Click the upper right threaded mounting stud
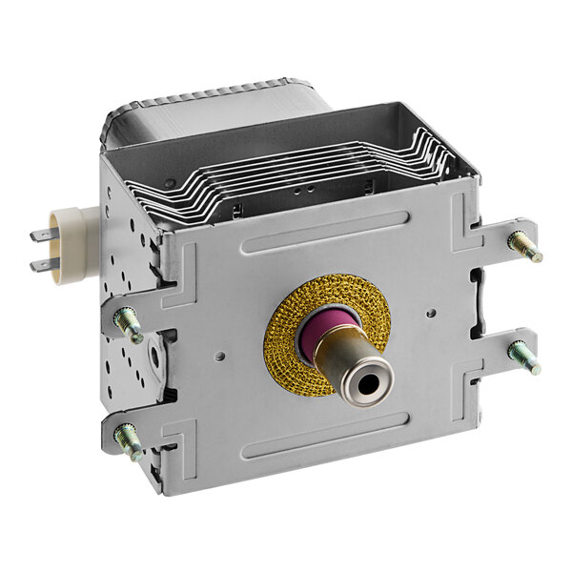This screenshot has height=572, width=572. point(524,245)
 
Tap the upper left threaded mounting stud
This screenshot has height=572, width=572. point(129,324)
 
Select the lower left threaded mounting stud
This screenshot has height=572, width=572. point(129,441)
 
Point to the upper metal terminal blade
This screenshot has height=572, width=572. point(42,235)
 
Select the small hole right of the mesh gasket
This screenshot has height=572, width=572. point(432,311)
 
